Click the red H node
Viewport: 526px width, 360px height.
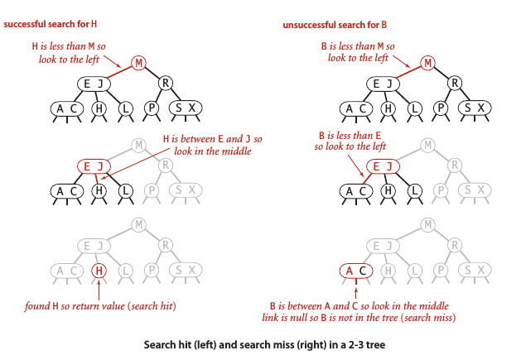(99, 270)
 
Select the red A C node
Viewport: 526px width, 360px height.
(356, 270)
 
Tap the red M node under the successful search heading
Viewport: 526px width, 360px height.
(139, 63)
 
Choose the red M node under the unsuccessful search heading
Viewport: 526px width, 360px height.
(427, 63)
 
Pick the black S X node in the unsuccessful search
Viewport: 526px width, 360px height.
(474, 108)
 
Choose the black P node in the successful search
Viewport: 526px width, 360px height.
(152, 108)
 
